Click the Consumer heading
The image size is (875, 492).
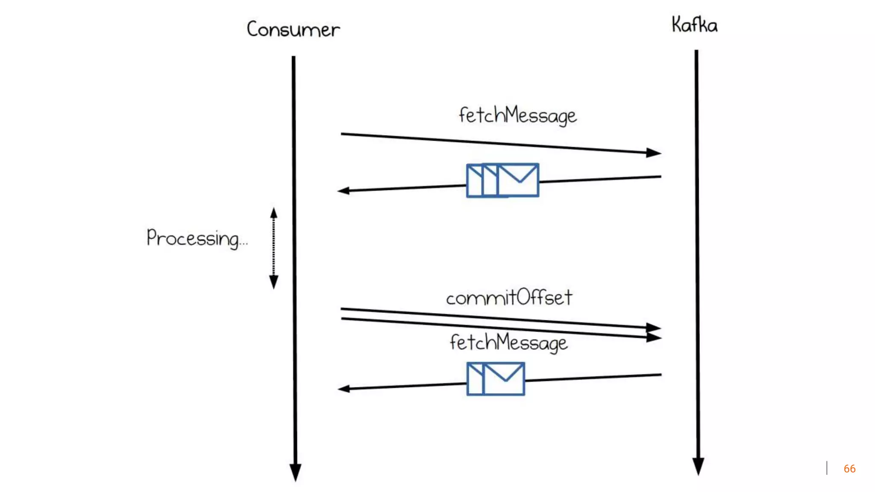293,29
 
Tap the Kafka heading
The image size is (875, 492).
694,25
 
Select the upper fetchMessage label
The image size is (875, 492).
517,115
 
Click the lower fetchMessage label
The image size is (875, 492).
508,343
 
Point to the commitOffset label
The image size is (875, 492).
509,298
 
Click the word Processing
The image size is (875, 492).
192,238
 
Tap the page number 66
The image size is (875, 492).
849,469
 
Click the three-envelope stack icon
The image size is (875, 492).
502,180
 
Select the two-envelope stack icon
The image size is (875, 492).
496,379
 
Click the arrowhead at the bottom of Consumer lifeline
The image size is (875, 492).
295,472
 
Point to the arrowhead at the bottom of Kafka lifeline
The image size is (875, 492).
698,466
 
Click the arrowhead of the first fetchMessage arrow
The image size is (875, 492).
653,152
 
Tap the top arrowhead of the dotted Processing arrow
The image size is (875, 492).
274,213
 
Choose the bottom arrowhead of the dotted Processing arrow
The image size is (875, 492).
274,282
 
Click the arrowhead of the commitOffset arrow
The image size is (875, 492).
653,328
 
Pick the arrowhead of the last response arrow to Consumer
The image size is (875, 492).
344,389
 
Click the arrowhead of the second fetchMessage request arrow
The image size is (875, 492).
653,337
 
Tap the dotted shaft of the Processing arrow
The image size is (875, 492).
274,248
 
